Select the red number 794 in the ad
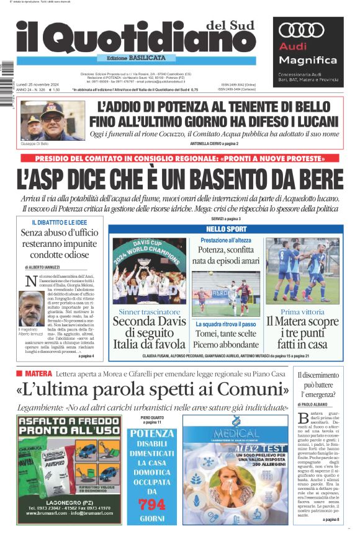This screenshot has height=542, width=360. point(151,503)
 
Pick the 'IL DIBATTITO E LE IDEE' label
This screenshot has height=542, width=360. point(60,222)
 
